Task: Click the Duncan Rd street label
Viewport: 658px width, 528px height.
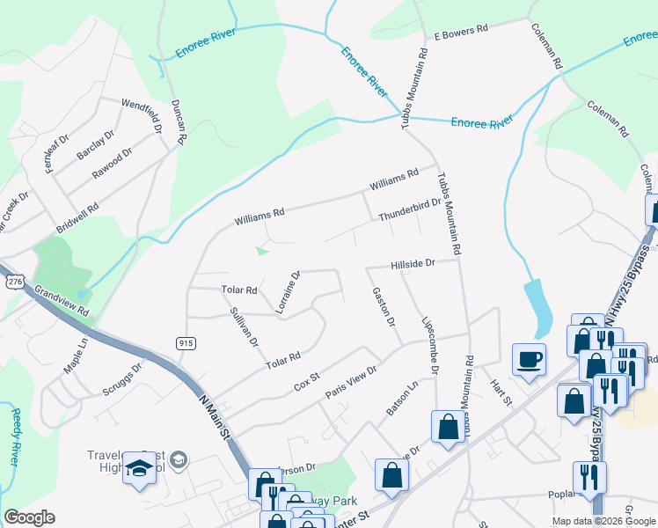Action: tap(179, 124)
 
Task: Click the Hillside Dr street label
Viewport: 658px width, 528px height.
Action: tap(413, 263)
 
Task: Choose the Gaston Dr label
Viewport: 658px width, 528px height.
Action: tap(383, 306)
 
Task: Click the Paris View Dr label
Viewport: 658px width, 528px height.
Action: tap(351, 383)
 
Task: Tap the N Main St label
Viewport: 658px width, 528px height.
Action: tap(215, 419)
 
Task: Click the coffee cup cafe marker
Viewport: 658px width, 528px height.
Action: tap(529, 359)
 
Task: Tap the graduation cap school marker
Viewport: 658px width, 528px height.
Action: tap(140, 468)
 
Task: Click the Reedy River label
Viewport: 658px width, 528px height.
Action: tap(15, 436)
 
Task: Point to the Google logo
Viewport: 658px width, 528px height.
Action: tap(29, 517)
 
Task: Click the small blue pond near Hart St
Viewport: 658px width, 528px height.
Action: tap(537, 304)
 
